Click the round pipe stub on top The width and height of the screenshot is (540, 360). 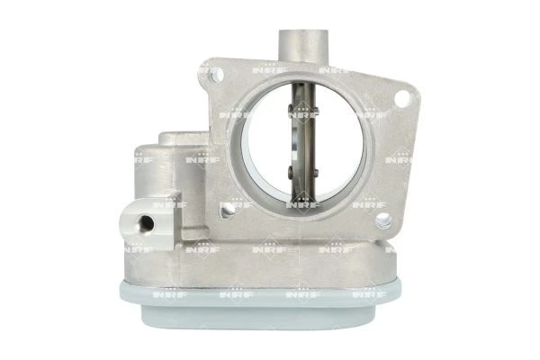pos(303,47)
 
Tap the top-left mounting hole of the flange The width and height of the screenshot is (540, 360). pos(217,75)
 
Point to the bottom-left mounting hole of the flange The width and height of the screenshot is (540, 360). pos(228,209)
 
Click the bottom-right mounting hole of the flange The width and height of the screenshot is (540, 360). pos(383,220)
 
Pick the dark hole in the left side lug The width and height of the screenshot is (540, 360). pos(146,223)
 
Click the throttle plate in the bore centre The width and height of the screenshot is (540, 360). pos(303,144)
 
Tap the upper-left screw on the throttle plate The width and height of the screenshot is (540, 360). pos(291,110)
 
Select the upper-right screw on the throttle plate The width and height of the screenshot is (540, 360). pos(316,112)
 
